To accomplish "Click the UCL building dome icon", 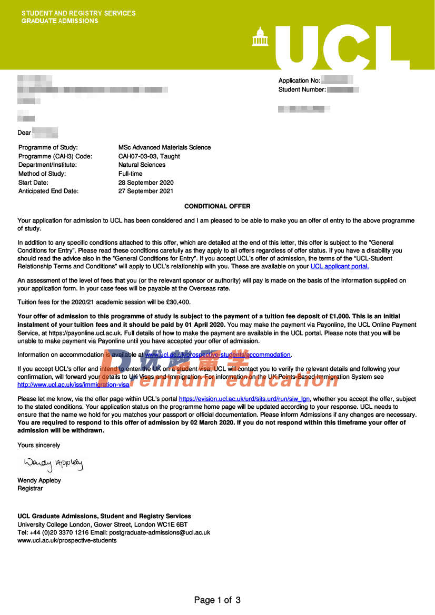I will pyautogui.click(x=260, y=37).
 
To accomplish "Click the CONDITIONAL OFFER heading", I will pyautogui.click(x=217, y=206).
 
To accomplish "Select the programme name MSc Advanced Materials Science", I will pyautogui.click(x=164, y=147).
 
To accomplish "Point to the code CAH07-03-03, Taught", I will pyautogui.click(x=149, y=156).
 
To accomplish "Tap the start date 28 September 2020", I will pyautogui.click(x=146, y=183).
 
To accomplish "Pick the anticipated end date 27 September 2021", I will pyautogui.click(x=146, y=191).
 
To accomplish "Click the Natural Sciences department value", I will pyautogui.click(x=142, y=165).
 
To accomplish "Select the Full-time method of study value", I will pyautogui.click(x=130, y=174).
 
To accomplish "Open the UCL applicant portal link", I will pyautogui.click(x=340, y=267).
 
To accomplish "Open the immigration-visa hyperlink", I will pyautogui.click(x=73, y=385).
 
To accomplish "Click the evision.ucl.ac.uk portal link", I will pyautogui.click(x=245, y=399).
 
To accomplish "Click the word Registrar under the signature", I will pyautogui.click(x=30, y=489).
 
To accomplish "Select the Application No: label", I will pyautogui.click(x=299, y=80).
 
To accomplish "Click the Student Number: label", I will pyautogui.click(x=302, y=90).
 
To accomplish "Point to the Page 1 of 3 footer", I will pyautogui.click(x=217, y=600).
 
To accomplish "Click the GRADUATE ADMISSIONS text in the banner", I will pyautogui.click(x=60, y=21).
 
